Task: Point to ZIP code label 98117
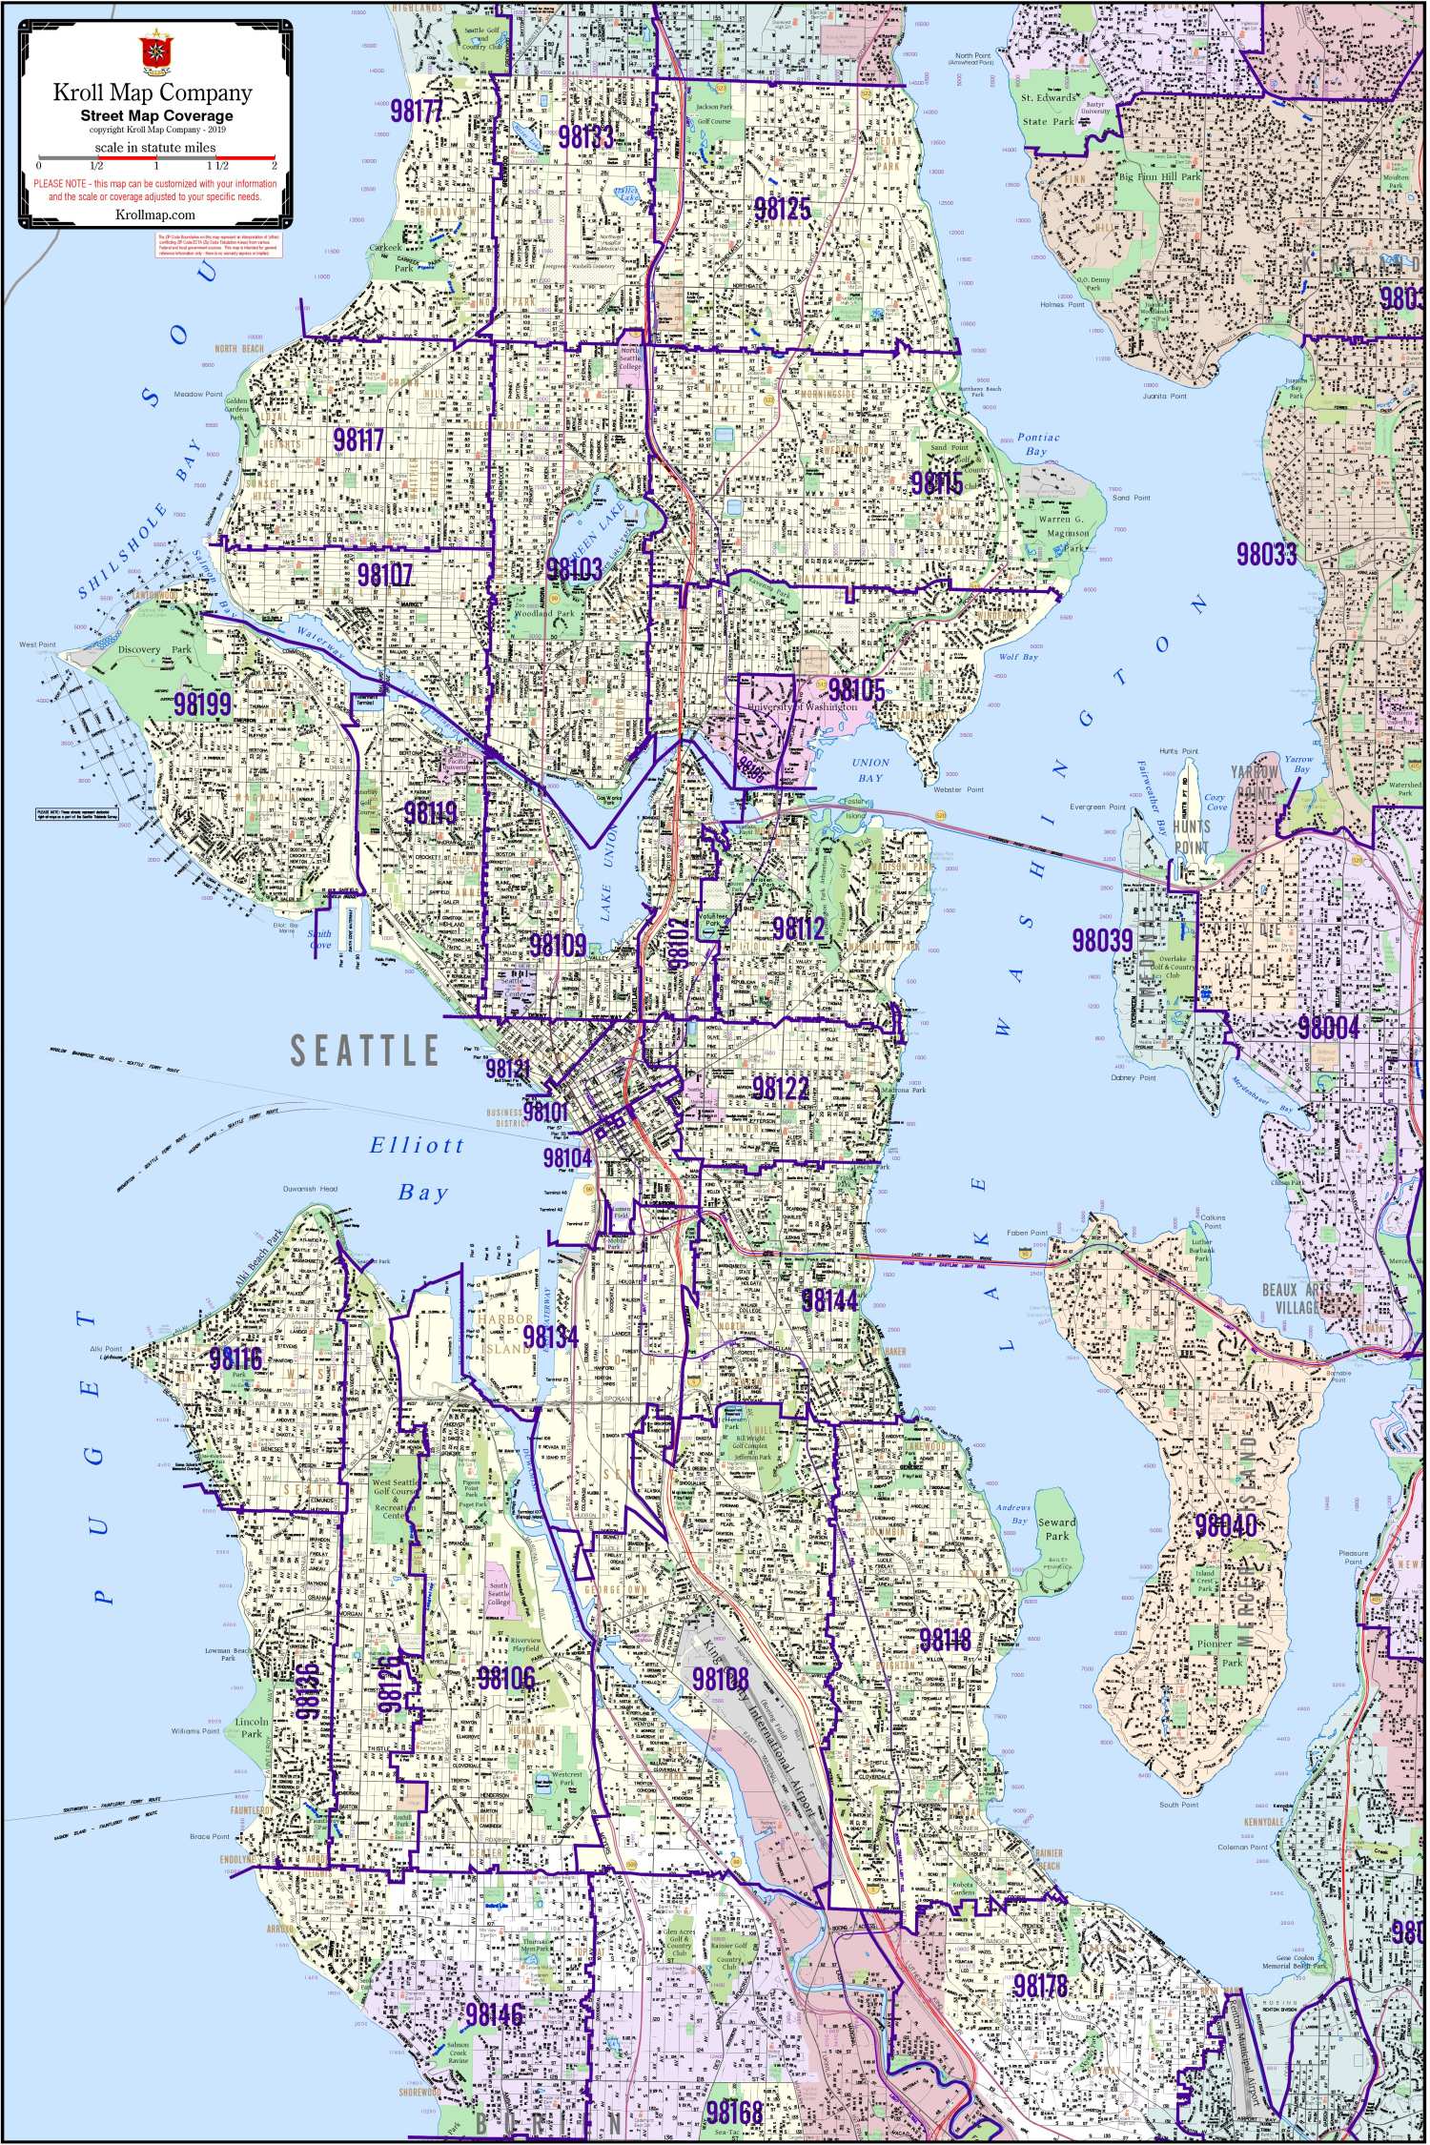358,440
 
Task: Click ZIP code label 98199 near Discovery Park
203,705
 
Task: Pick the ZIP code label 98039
1102,940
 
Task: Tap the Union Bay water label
869,769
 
